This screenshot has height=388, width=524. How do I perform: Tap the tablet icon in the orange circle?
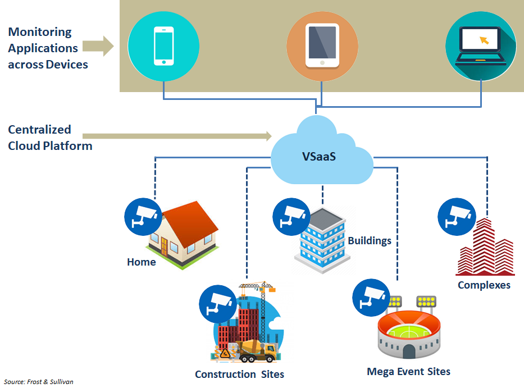[x=322, y=46]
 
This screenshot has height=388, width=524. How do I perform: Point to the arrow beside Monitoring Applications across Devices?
[x=101, y=47]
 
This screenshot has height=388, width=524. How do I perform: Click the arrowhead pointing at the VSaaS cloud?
[x=268, y=135]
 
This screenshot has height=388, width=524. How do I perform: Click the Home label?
[x=142, y=262]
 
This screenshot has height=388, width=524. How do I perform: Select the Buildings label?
[x=370, y=241]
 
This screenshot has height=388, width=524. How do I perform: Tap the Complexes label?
[x=484, y=285]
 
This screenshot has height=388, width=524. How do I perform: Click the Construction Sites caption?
[x=239, y=375]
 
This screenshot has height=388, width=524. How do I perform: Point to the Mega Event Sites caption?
[x=408, y=372]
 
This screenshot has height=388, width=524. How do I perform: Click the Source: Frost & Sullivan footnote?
[x=38, y=382]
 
